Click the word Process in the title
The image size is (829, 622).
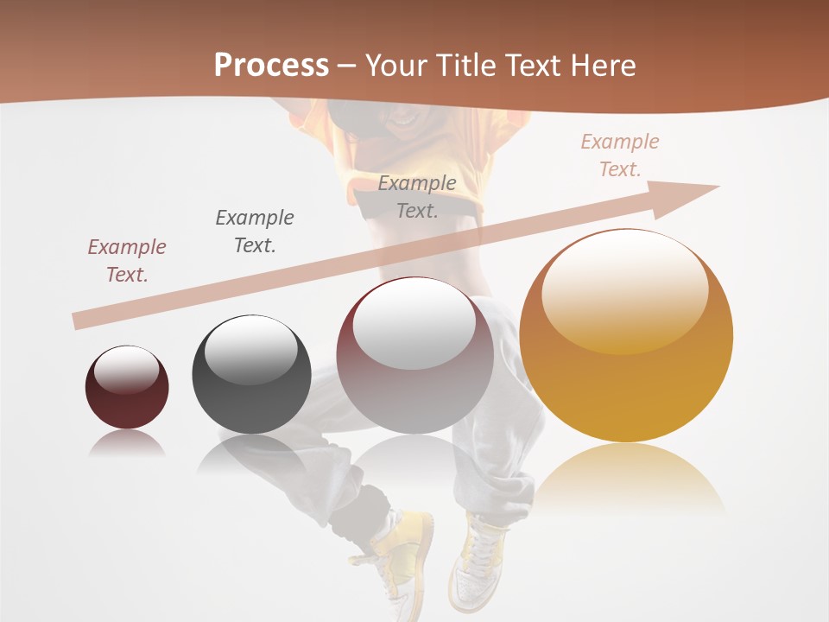(271, 66)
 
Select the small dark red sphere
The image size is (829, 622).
(127, 388)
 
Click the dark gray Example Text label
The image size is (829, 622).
(255, 231)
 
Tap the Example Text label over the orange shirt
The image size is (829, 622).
(417, 196)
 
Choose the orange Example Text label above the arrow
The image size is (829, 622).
(620, 155)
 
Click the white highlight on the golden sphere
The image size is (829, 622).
(624, 289)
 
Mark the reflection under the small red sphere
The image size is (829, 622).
(127, 444)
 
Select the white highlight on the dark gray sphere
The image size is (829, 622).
(250, 350)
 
